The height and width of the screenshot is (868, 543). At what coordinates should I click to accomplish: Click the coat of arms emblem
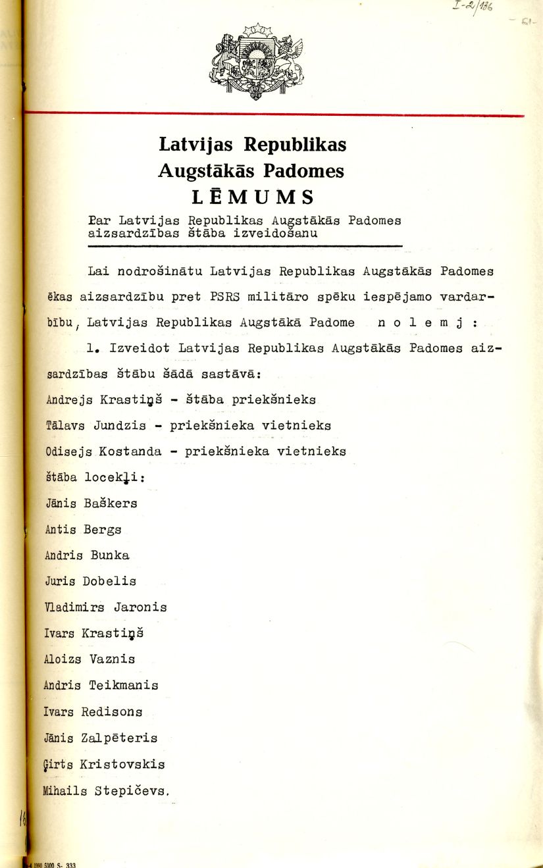[x=257, y=61]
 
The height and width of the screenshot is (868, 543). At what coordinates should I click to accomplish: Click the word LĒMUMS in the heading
[x=253, y=197]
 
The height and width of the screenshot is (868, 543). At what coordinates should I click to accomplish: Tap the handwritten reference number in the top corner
[x=474, y=8]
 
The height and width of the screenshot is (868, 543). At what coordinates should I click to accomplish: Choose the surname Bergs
[x=102, y=529]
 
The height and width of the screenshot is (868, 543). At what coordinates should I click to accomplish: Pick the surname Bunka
[x=110, y=555]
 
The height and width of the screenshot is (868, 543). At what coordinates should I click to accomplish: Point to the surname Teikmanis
[x=124, y=685]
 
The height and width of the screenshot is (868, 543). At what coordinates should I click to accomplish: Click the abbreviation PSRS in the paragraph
[x=221, y=297]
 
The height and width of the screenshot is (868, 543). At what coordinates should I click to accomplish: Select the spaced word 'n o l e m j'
[x=423, y=322]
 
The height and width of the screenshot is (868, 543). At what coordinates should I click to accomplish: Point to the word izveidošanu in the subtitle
[x=280, y=233]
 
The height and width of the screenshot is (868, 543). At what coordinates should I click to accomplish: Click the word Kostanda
[x=135, y=451]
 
